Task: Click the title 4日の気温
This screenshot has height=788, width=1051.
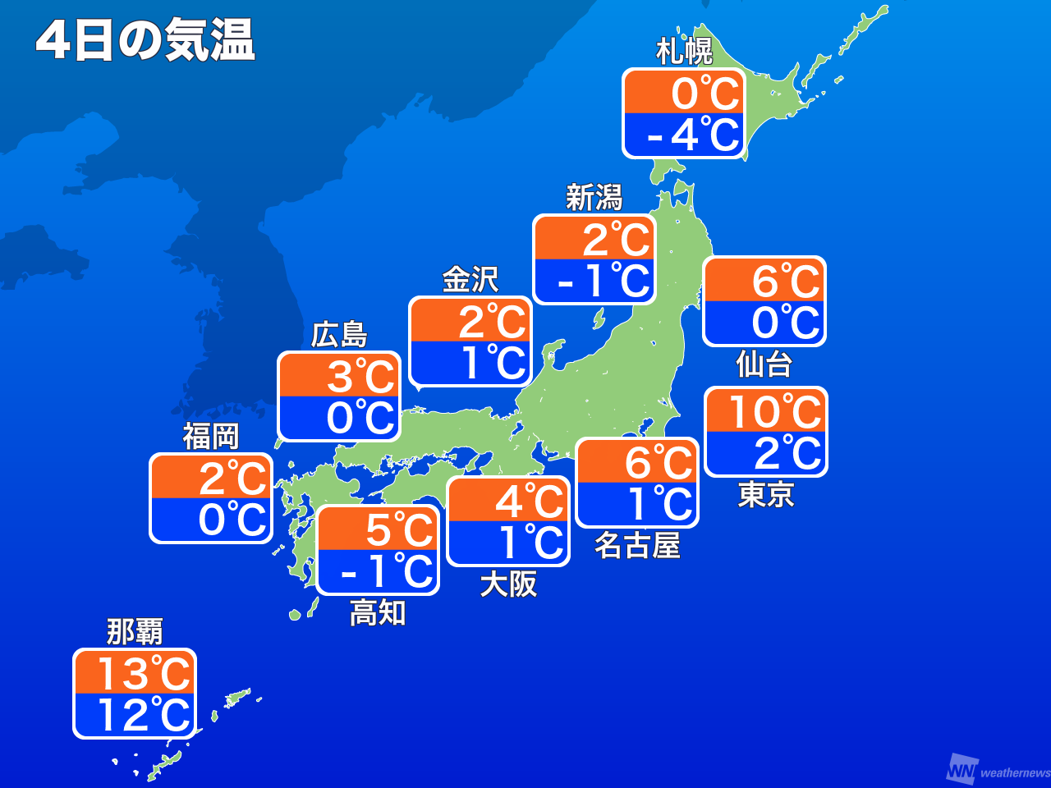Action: [145, 41]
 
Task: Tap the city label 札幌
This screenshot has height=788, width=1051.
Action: [684, 51]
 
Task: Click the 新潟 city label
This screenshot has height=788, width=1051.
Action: [594, 197]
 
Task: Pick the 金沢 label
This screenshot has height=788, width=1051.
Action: [470, 279]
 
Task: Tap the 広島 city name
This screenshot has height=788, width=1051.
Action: [339, 335]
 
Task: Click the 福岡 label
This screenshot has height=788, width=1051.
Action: [210, 436]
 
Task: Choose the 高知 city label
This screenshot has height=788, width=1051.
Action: [378, 612]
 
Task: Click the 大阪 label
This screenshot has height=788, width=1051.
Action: [508, 584]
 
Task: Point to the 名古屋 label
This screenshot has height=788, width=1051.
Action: [637, 545]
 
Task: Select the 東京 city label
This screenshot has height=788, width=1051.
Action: [766, 494]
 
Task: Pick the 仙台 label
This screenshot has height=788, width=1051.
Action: [764, 363]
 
